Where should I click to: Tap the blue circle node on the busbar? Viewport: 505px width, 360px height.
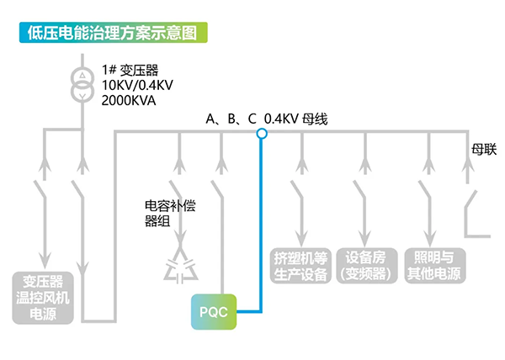click(x=261, y=133)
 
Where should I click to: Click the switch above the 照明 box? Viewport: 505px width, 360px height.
click(x=428, y=199)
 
